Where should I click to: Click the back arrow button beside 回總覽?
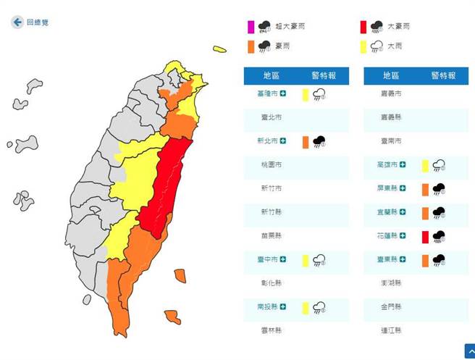coord(17,22)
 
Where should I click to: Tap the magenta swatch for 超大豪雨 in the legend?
coord(251,28)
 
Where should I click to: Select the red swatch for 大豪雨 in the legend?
coord(363,28)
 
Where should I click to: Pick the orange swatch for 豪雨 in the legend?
coord(251,47)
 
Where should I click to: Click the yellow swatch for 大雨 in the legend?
coord(363,47)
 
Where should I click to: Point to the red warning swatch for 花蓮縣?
coord(424,236)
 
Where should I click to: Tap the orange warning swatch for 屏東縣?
coord(424,189)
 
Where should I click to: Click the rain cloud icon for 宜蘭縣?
coord(438,212)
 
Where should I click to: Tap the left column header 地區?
coord(272,75)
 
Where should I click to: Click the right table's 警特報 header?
coord(444,75)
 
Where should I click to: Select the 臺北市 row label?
coord(272,117)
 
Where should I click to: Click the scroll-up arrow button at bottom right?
coord(468,352)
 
